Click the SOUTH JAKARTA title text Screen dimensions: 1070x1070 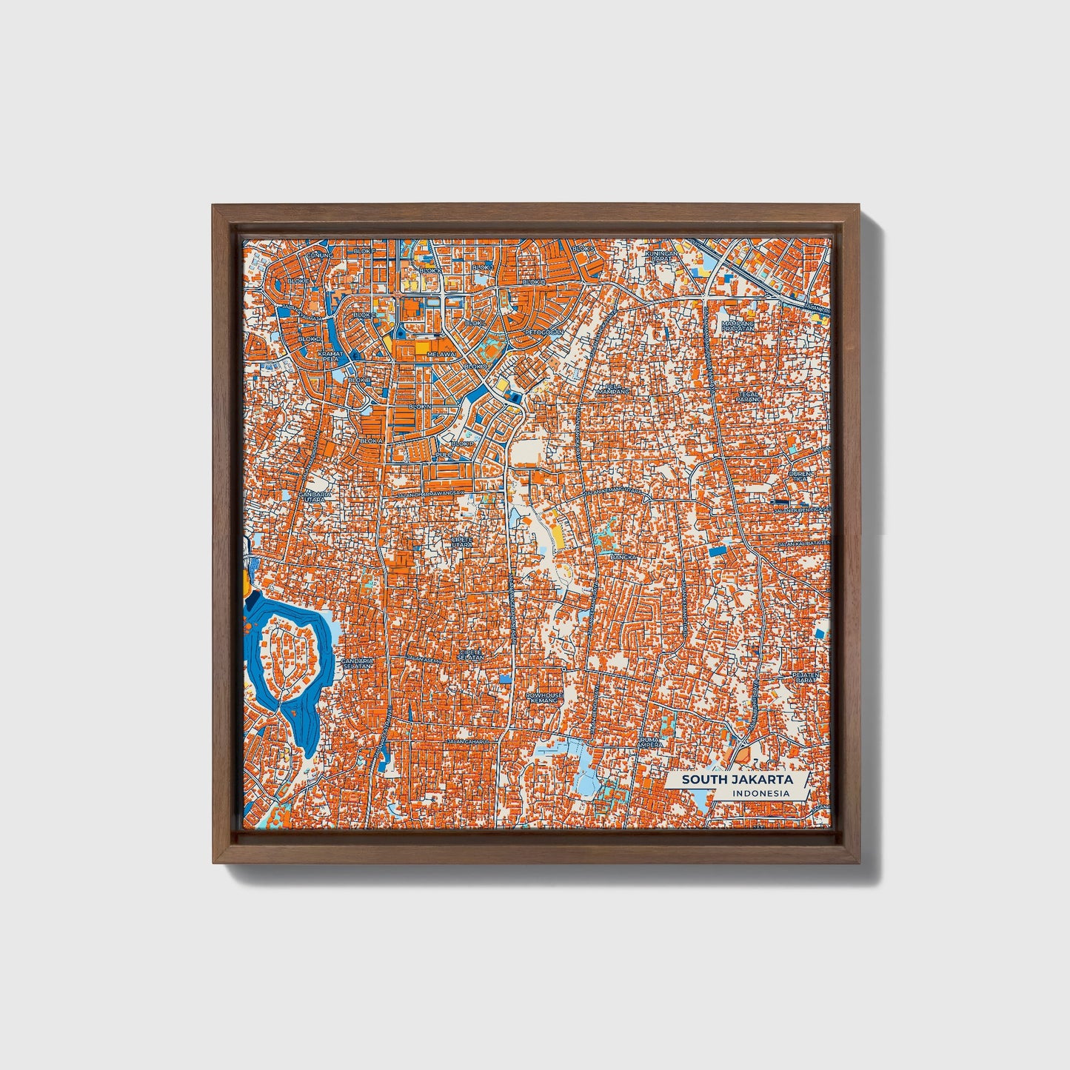(737, 779)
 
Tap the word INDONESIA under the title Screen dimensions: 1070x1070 (760, 793)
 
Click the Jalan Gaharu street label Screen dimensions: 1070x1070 (468, 740)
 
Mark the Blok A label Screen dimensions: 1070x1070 (371, 440)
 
